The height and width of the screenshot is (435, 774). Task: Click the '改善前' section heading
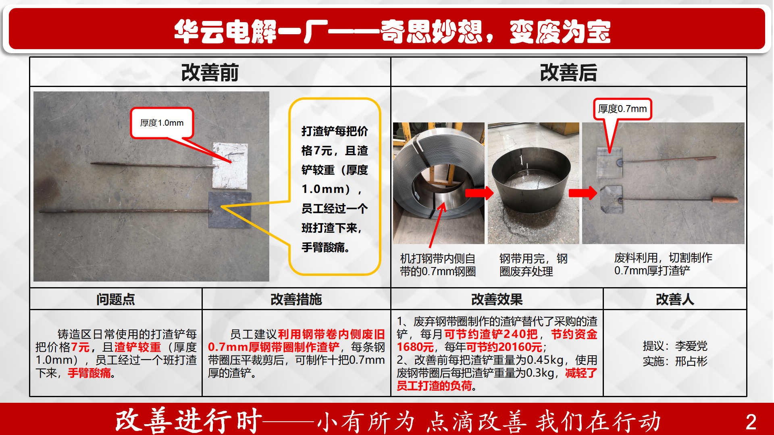click(210, 72)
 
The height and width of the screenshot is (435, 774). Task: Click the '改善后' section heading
click(568, 72)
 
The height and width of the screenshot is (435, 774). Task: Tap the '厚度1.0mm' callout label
click(162, 123)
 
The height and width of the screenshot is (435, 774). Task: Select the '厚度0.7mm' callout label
click(622, 109)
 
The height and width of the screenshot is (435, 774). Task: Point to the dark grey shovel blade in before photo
click(229, 209)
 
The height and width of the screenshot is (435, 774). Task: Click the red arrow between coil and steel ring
click(479, 193)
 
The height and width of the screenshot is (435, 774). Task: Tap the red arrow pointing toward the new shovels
click(583, 193)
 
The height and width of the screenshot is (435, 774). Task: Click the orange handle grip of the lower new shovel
click(725, 199)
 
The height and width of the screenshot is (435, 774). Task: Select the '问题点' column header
click(116, 299)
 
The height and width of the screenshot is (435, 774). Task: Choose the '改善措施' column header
click(296, 299)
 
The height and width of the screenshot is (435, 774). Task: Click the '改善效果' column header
click(497, 299)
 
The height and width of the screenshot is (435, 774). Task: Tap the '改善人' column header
click(675, 299)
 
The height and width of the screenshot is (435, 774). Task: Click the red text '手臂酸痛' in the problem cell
click(89, 373)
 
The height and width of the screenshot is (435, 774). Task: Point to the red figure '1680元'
click(415, 347)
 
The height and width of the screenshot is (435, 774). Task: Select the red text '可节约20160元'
click(504, 347)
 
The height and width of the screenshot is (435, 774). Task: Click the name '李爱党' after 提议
click(691, 346)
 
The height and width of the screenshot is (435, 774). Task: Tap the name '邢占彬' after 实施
click(691, 361)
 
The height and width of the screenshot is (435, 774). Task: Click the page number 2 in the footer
click(751, 422)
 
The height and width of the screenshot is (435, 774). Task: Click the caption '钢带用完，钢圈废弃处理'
click(533, 265)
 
